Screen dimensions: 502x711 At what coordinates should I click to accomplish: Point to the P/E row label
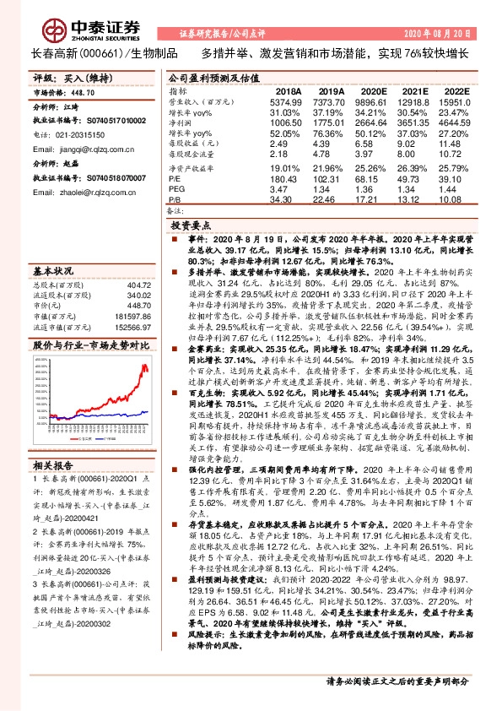click(x=175, y=179)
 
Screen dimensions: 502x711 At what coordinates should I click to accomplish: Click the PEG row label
click(x=177, y=189)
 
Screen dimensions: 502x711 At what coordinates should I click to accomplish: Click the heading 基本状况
click(x=53, y=272)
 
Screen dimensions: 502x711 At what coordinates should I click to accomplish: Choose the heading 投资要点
click(x=191, y=227)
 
